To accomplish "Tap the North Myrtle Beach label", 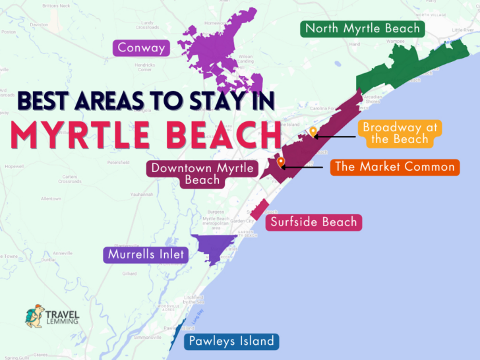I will pyautogui.click(x=362, y=28).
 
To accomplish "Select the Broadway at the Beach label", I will pyautogui.click(x=392, y=133).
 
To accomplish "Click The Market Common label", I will pyautogui.click(x=394, y=167).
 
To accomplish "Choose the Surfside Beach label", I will pyautogui.click(x=314, y=222).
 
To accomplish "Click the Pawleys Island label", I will pyautogui.click(x=231, y=342).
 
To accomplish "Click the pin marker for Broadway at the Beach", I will pyautogui.click(x=313, y=132).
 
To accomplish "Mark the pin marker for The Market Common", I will pyautogui.click(x=281, y=162).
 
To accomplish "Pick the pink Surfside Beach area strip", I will pyautogui.click(x=258, y=208).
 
